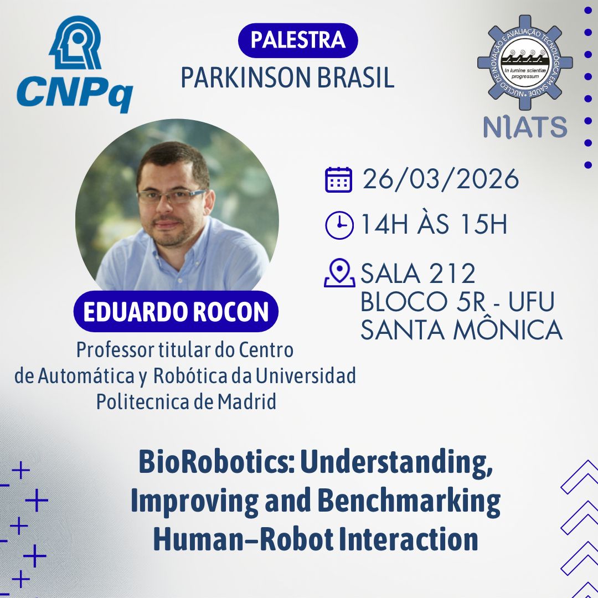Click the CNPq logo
[x=75, y=64]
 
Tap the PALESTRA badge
[x=298, y=40]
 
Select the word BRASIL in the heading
[x=355, y=78]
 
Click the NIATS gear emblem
[x=525, y=62]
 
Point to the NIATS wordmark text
[x=525, y=127]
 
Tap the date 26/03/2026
[x=441, y=179]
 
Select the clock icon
[x=339, y=225]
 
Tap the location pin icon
[x=339, y=272]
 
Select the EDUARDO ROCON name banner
[x=176, y=311]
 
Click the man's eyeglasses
[x=172, y=196]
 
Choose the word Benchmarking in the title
[x=409, y=502]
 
